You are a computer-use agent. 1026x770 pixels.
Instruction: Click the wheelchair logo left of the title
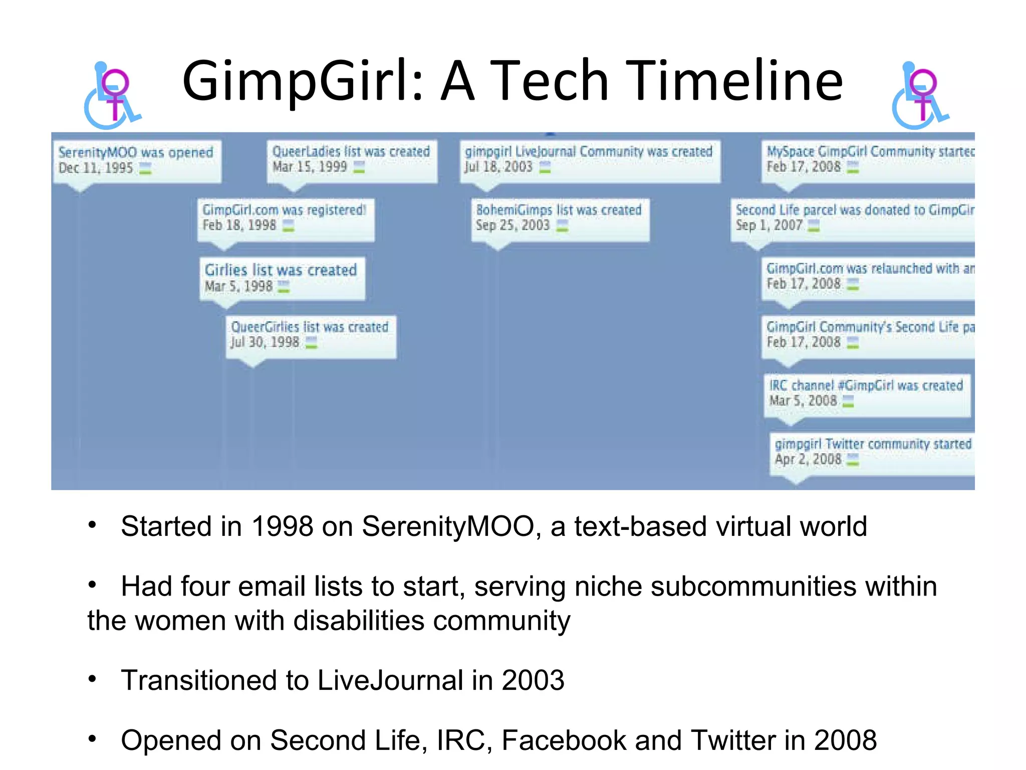pos(113,95)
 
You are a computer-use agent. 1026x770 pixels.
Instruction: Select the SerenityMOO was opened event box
pos(136,160)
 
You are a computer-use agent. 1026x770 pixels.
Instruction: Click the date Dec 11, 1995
pos(95,168)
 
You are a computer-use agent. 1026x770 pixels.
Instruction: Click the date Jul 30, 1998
pos(265,342)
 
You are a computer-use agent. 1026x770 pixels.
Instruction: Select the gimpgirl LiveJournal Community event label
pos(589,151)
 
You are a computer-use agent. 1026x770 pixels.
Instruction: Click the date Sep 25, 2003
pos(512,226)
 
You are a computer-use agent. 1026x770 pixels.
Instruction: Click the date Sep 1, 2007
pos(769,226)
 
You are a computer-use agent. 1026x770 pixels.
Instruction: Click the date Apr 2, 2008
pos(808,459)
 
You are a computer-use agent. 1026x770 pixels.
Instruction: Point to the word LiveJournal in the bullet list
pos(390,681)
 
